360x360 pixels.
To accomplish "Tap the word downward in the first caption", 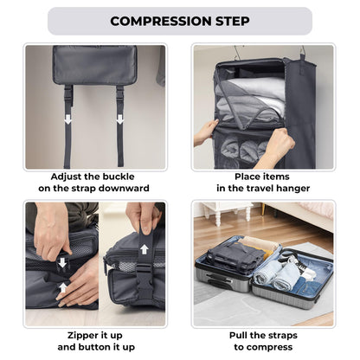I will click(x=123, y=188).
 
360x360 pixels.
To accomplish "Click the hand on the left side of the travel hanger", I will click(x=206, y=132).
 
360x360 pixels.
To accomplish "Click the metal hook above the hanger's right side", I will click(x=304, y=51).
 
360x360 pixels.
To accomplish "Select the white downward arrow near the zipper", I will click(x=61, y=262).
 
